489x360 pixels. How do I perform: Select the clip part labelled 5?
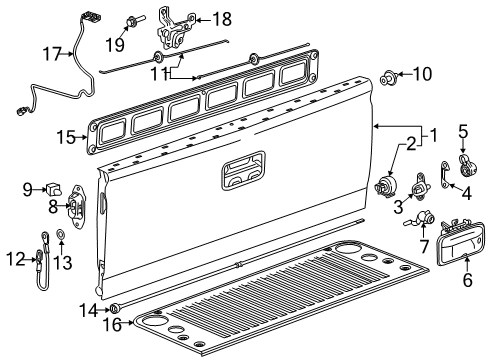pos(463,163)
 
